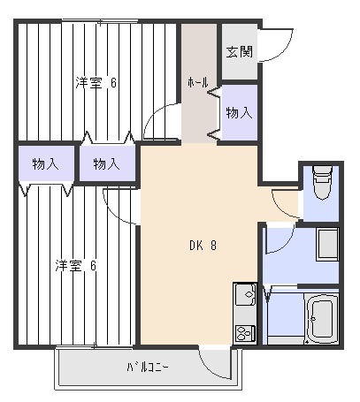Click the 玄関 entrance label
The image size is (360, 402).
coord(240,52)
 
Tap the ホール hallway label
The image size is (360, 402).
coord(198,82)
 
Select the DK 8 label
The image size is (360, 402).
coord(203,245)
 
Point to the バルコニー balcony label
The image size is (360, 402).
coord(148,368)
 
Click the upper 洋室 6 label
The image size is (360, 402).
coord(96,83)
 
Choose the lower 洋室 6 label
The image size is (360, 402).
coord(76,266)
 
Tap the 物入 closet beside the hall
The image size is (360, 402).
coord(239,113)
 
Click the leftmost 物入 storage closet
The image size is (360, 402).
coord(45,164)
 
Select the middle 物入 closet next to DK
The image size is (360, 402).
coord(106,164)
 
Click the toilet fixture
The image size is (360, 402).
coord(322,183)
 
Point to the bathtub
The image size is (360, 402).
coord(321,319)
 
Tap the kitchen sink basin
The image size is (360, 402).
coord(245,294)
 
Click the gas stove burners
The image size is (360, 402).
coord(245,333)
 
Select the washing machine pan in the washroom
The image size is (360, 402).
coord(327,244)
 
